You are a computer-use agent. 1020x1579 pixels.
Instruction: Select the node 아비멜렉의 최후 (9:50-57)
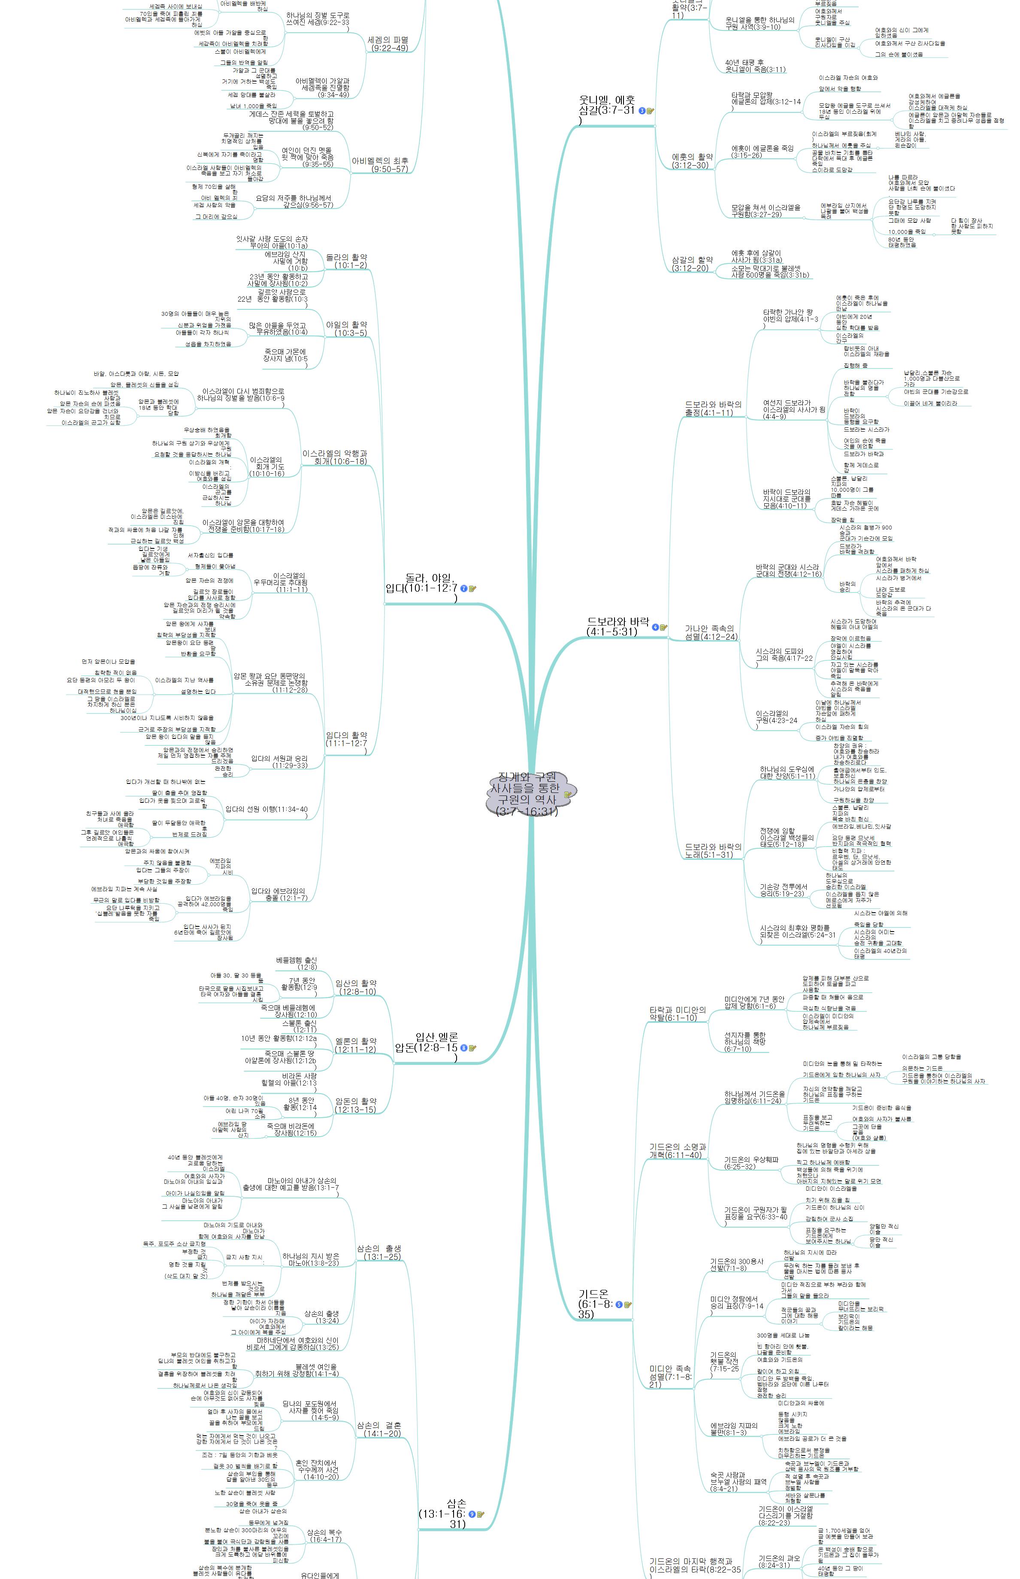click(380, 165)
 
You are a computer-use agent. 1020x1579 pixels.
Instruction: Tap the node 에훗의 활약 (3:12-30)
click(692, 161)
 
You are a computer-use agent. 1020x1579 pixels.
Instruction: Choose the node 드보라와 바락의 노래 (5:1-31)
click(713, 850)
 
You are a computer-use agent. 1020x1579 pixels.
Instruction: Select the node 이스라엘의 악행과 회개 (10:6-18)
click(334, 457)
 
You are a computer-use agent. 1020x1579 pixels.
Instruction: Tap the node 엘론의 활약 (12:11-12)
click(356, 1045)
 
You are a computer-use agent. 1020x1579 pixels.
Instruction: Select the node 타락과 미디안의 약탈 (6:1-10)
click(677, 1013)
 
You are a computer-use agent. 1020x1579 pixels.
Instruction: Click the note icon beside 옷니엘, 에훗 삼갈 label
click(651, 111)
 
